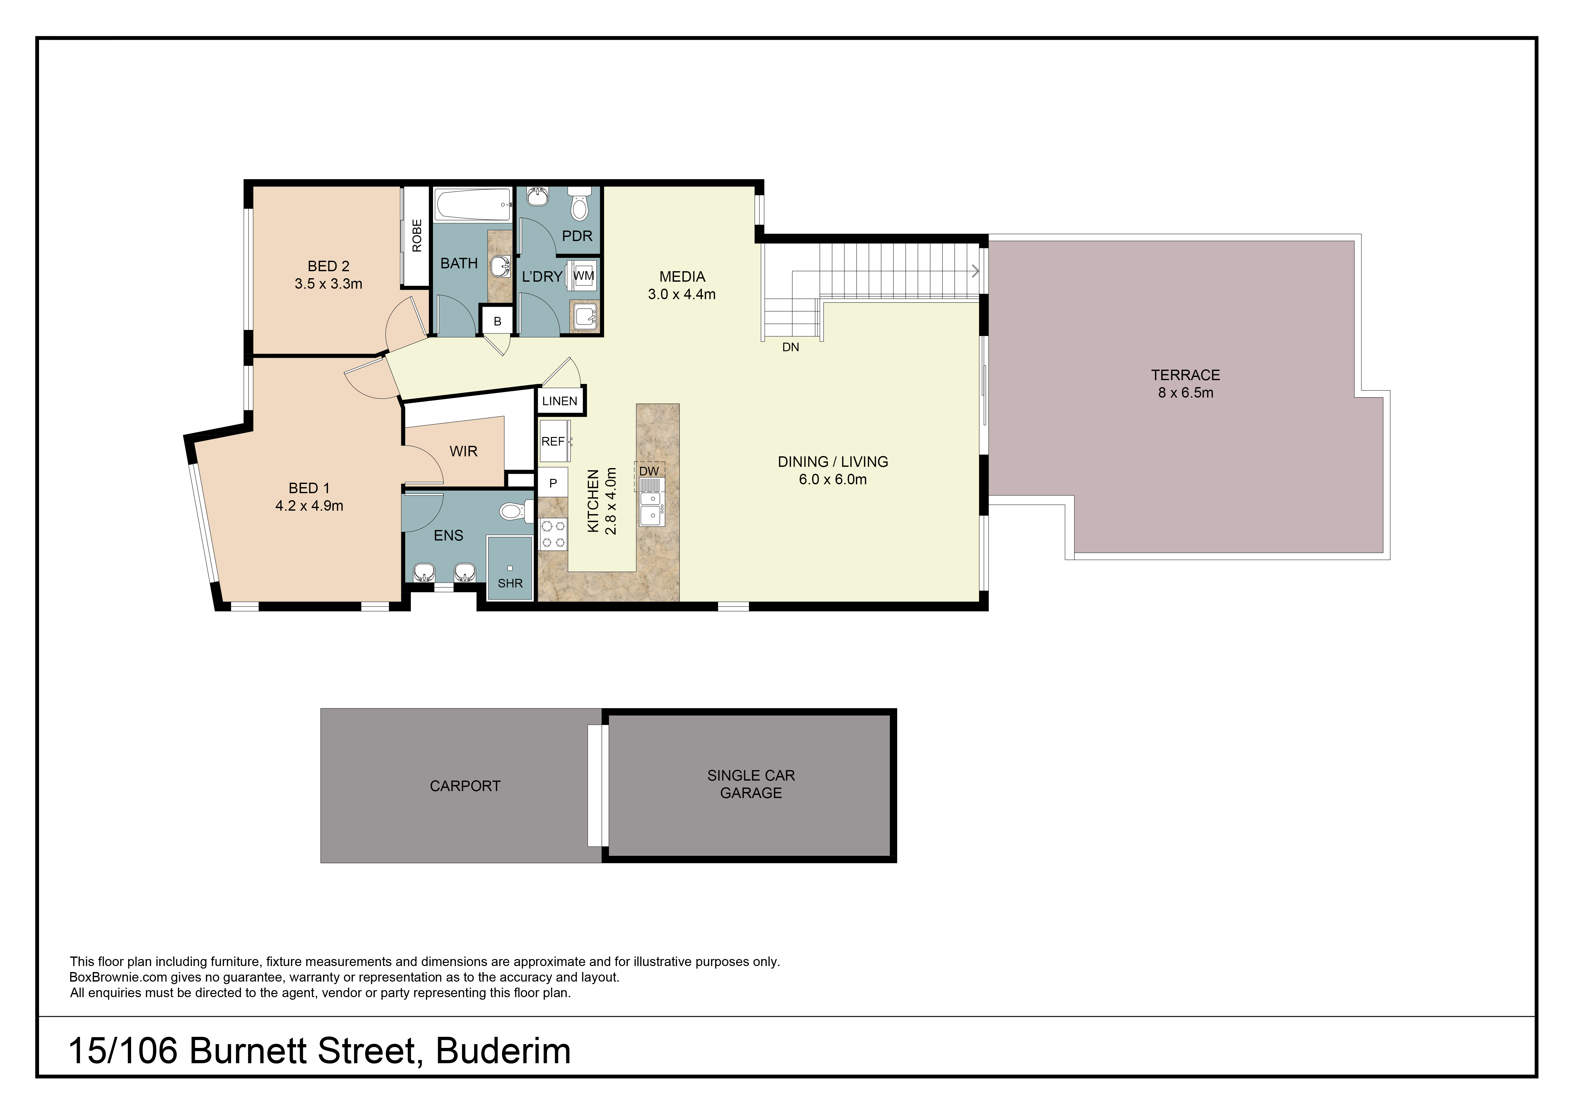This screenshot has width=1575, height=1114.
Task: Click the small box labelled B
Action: (497, 321)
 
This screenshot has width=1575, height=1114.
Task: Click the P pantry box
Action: (553, 484)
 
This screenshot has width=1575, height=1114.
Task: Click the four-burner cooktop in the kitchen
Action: (553, 535)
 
